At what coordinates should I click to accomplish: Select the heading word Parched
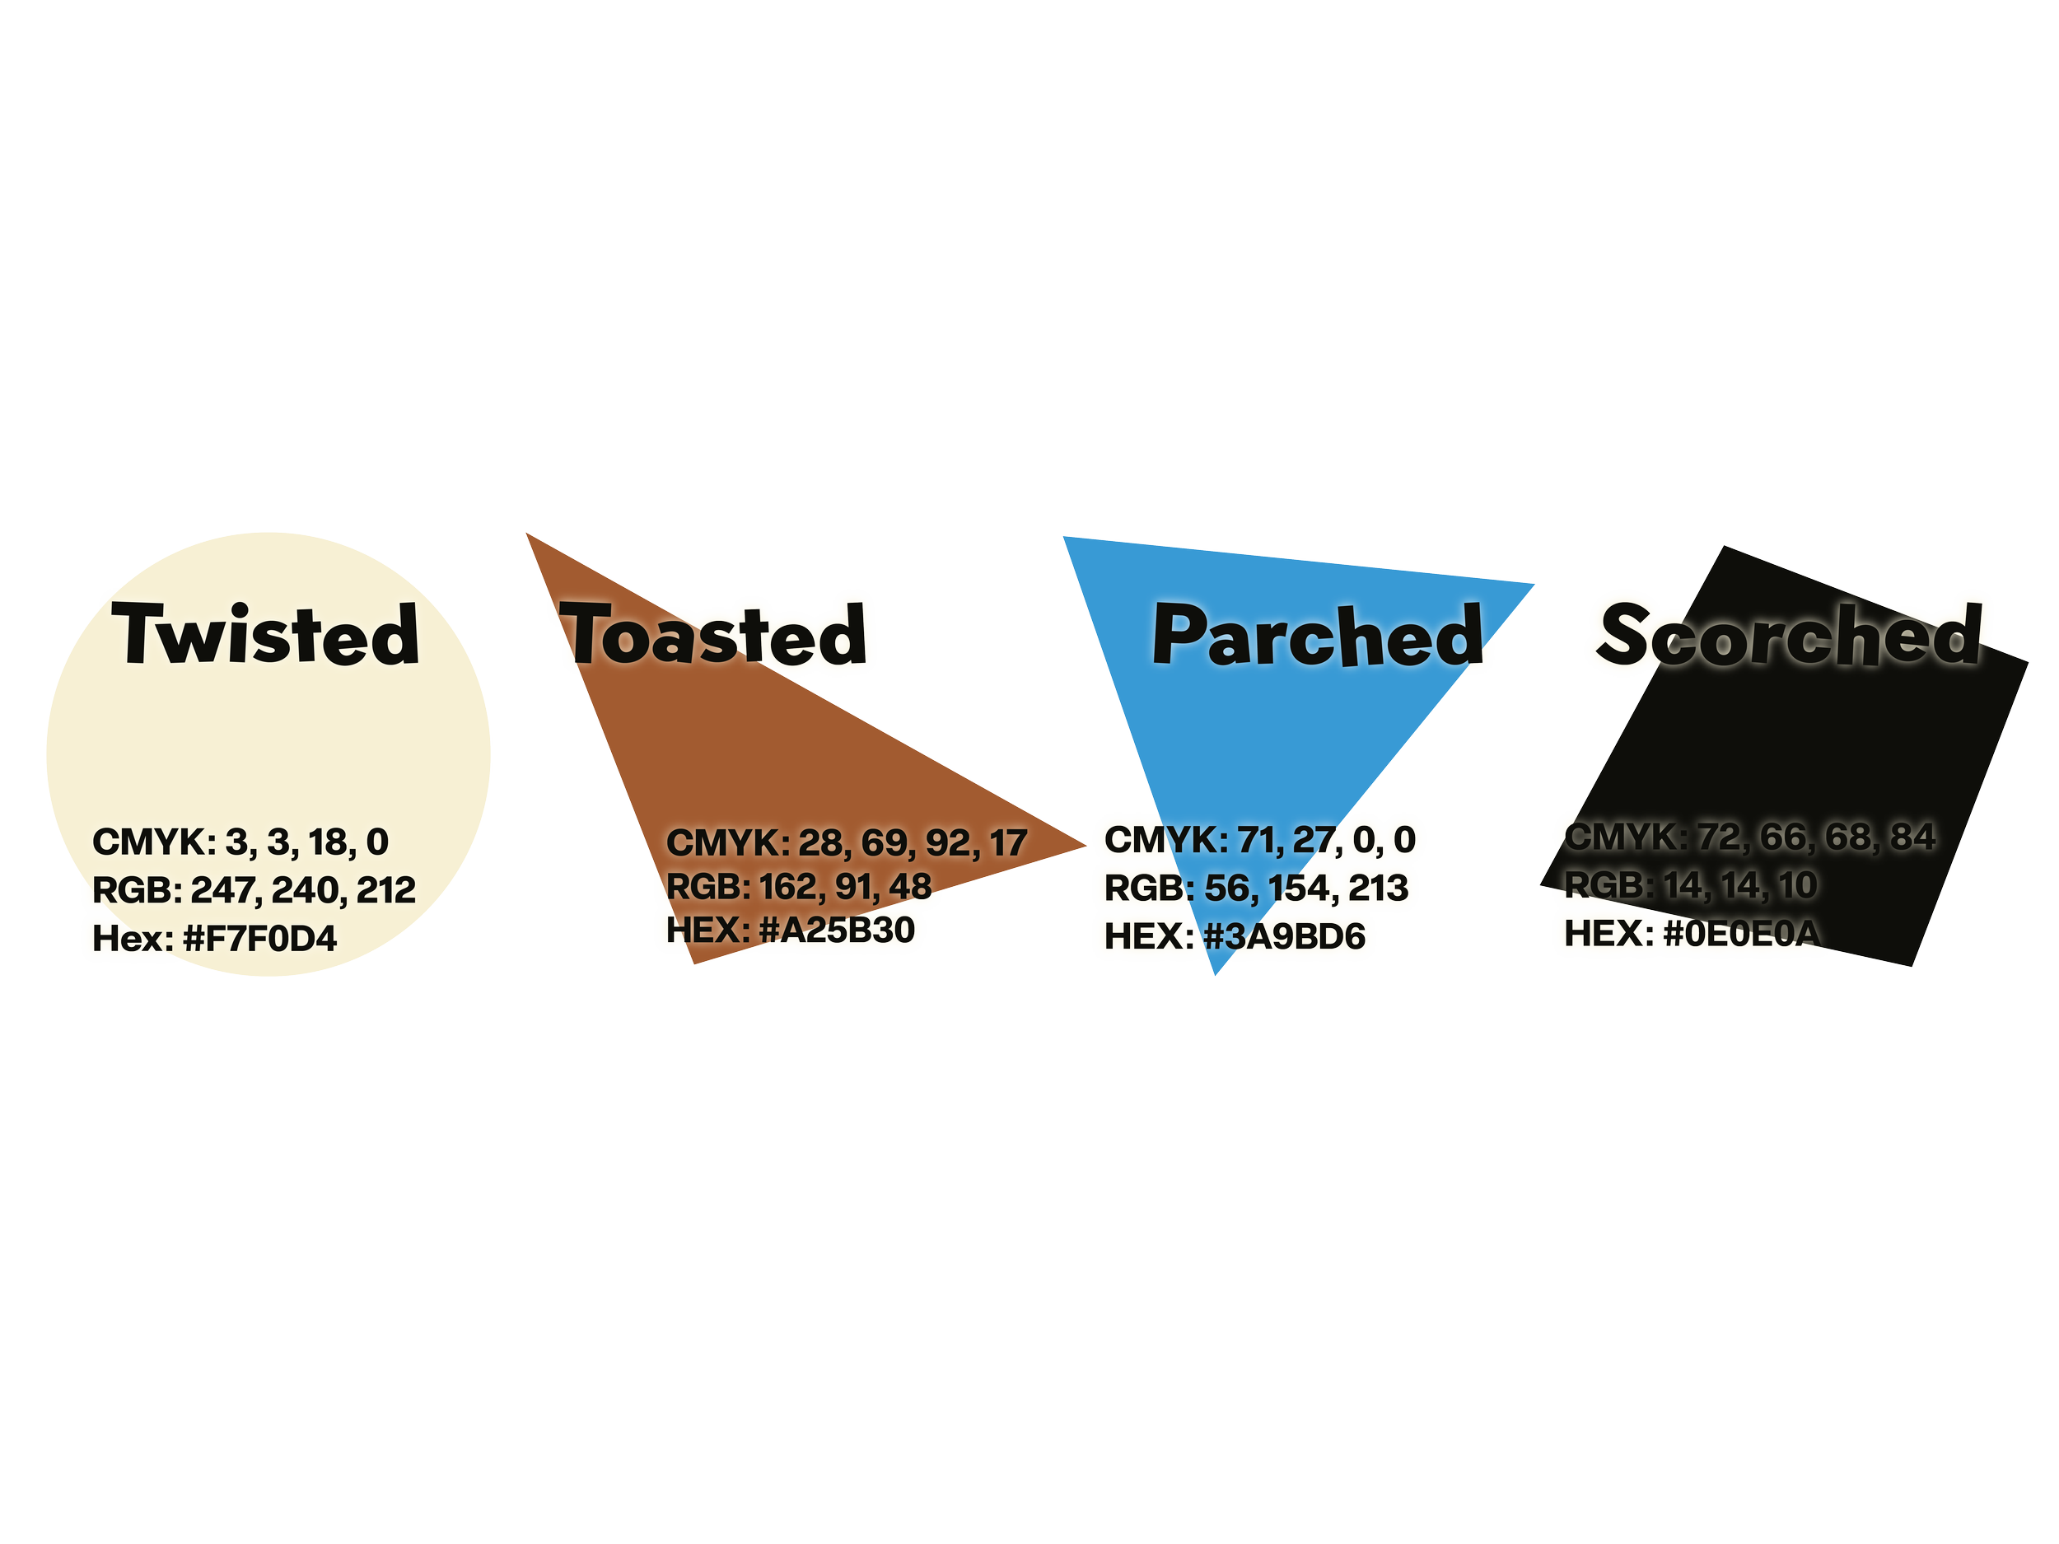1316,636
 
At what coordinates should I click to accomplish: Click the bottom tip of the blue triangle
1216,973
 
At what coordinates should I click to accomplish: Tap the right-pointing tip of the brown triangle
1086,845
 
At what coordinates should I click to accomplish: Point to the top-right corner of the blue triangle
1532,585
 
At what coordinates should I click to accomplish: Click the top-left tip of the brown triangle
528,534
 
